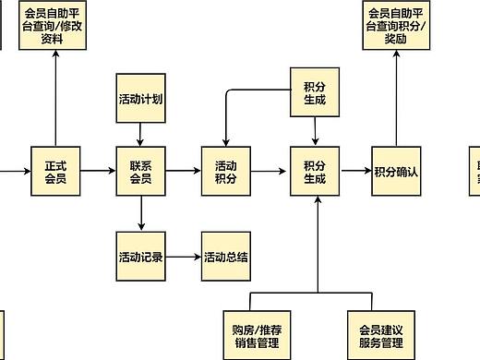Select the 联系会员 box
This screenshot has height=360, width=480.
(x=141, y=172)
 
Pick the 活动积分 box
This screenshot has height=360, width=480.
(x=226, y=172)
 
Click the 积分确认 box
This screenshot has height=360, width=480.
(x=397, y=172)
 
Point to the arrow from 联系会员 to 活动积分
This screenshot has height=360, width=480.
(x=184, y=172)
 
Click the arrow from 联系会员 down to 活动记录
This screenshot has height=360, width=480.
(x=141, y=214)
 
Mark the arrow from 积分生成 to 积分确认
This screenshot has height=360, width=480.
(x=355, y=172)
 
